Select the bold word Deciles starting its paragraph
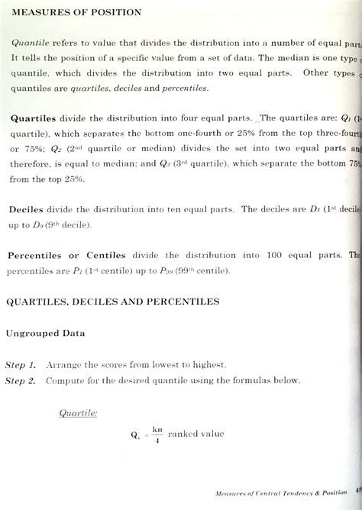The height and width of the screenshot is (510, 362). (29, 208)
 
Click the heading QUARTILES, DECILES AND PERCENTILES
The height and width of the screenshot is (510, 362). (113, 302)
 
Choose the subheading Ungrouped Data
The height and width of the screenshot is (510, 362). (47, 333)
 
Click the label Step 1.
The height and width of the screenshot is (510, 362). (21, 365)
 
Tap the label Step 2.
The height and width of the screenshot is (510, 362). (21, 380)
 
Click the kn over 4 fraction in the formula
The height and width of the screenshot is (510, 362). (157, 434)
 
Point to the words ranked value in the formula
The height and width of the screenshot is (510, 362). (196, 434)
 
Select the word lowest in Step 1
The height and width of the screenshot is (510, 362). (155, 365)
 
